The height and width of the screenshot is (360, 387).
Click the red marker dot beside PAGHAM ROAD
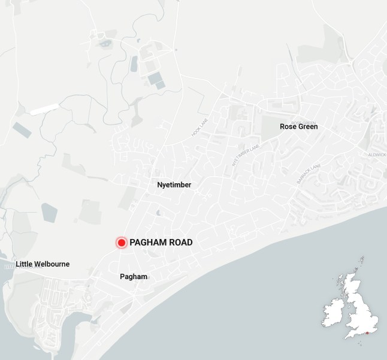(121, 243)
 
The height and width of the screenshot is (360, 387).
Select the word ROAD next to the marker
(180, 243)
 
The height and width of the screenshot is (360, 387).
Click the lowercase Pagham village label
(134, 276)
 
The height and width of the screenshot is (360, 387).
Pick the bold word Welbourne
(53, 264)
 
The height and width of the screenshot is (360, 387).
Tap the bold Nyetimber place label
(174, 185)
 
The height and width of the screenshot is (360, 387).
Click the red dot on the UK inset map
(367, 332)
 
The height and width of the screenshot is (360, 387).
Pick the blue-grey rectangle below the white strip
(22, 130)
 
